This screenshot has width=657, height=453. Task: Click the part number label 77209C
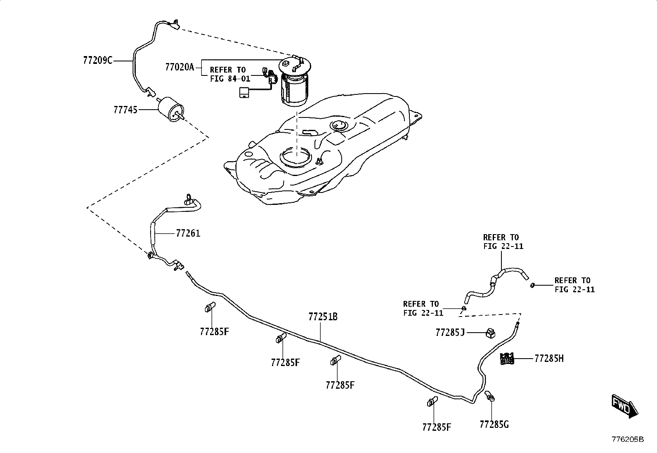point(98,61)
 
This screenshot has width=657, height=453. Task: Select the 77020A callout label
point(180,67)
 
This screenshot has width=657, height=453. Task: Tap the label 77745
point(125,110)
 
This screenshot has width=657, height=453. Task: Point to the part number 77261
point(188,234)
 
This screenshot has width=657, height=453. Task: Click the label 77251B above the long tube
point(323,317)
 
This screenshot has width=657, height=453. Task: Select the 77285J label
point(450,333)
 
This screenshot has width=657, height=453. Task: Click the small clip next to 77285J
point(490,333)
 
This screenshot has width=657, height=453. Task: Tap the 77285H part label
point(549,358)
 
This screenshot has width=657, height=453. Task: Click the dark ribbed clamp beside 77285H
point(507,359)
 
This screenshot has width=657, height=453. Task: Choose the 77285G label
point(494,424)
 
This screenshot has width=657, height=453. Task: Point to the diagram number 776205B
point(628,439)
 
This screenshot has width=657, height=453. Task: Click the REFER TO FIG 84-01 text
point(230,74)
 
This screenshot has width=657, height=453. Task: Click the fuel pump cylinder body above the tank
point(294,89)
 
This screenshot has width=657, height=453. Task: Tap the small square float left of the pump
point(244,92)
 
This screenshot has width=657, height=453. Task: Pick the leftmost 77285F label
point(214,332)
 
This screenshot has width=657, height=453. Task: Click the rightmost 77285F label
point(437,427)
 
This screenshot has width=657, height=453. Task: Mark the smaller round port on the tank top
point(339,125)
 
